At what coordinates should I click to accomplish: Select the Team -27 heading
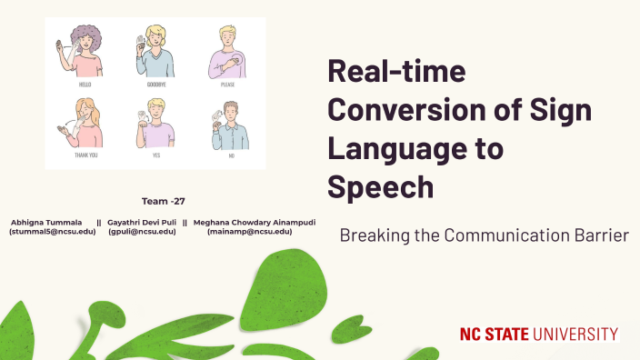(x=164, y=201)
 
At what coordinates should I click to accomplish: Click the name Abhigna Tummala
(x=46, y=221)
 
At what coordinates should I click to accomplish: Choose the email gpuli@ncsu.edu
(x=142, y=232)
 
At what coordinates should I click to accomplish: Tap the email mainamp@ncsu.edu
(x=249, y=232)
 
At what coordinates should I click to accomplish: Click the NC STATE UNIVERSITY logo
(x=539, y=334)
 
